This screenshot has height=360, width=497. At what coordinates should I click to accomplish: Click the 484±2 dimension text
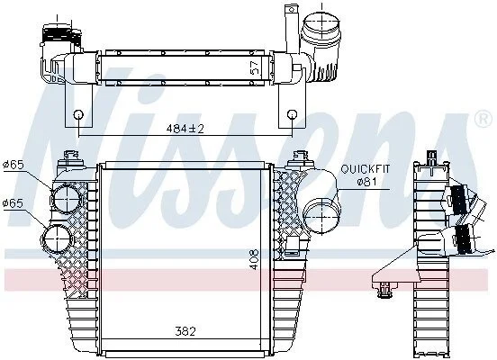[185, 129]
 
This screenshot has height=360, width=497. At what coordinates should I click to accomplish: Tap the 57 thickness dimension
[255, 67]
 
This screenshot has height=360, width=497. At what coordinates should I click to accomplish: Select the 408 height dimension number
[254, 259]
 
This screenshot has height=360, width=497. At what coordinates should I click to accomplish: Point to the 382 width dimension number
[185, 331]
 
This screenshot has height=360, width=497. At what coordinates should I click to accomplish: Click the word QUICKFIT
[366, 169]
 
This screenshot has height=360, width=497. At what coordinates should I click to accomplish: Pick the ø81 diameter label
[366, 182]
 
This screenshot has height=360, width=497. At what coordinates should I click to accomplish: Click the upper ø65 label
[13, 165]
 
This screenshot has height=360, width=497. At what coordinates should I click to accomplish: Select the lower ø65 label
[13, 203]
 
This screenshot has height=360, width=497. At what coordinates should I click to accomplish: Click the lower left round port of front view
[57, 238]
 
